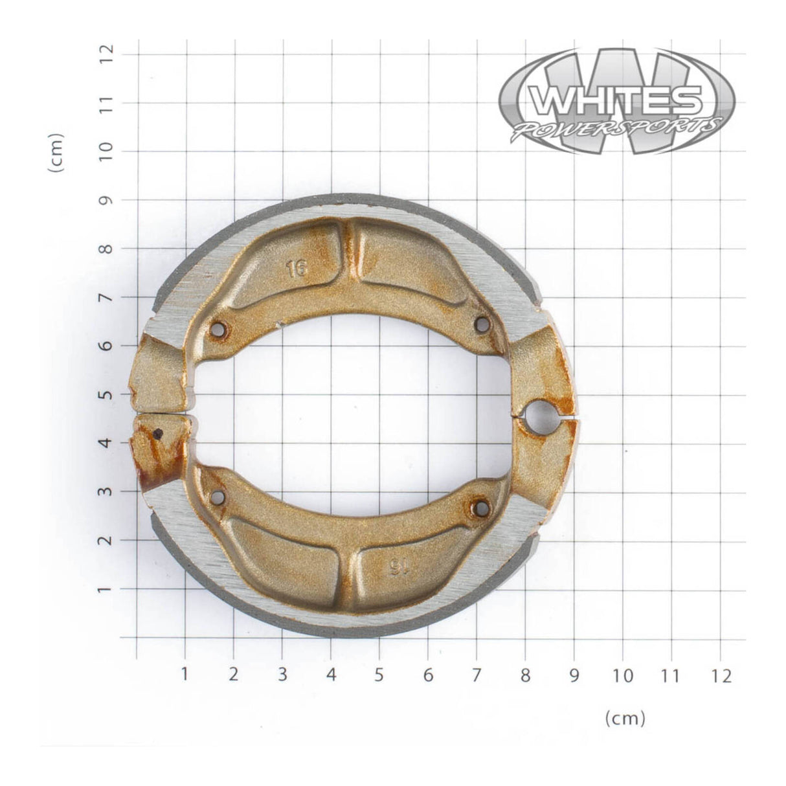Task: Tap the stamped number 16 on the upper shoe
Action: coord(297,268)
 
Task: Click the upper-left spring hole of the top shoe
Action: coord(218,330)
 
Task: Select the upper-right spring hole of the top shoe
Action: coord(482,324)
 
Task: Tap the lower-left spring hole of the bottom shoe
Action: coord(218,497)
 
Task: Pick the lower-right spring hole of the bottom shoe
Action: coord(481,508)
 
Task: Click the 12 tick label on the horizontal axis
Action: coord(720,677)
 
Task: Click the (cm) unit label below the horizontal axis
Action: coord(625,717)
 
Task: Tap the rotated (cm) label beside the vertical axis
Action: coord(56,153)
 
